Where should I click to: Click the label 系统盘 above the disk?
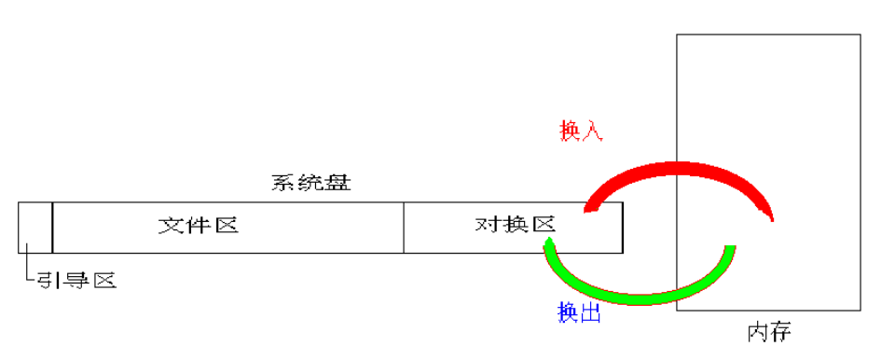tap(310, 184)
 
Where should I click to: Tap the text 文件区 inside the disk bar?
tap(199, 226)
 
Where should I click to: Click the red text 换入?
tap(582, 131)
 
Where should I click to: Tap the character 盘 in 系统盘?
tap(338, 184)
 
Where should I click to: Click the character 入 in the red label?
tap(593, 131)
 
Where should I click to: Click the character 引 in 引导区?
tap(48, 280)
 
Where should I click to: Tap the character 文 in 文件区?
tap(170, 226)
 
